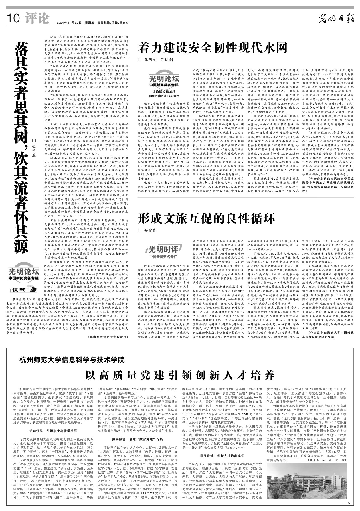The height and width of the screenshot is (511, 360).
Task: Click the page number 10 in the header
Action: click(x=14, y=19)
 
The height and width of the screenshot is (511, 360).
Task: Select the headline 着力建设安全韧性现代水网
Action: click(x=213, y=48)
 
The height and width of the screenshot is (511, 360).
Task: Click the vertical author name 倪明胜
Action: click(x=35, y=148)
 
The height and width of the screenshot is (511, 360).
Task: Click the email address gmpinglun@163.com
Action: click(x=163, y=96)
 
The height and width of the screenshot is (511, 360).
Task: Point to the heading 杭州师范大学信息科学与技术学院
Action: click(x=72, y=360)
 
